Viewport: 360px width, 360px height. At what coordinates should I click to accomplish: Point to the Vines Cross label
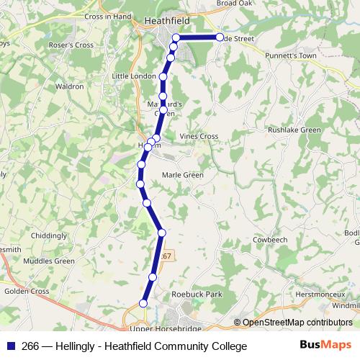point(199,136)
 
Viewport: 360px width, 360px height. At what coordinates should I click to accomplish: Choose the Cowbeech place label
point(270,240)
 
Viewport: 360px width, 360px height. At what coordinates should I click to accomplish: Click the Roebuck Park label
point(198,294)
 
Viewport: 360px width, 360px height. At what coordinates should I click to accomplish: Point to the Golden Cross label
point(27,292)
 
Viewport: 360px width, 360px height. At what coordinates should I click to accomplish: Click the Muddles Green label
point(49,261)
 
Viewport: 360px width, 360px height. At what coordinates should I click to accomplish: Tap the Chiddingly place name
point(49,235)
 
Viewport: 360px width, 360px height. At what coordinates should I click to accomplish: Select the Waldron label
point(69,86)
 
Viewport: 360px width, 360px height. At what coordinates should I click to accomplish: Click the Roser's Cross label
point(71,45)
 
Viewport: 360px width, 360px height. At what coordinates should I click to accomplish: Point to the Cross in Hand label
point(108,16)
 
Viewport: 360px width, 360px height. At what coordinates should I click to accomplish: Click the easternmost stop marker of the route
point(220,37)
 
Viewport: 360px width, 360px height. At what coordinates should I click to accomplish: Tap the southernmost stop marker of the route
point(143,304)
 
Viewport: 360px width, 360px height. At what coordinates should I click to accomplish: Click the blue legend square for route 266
point(10,346)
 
